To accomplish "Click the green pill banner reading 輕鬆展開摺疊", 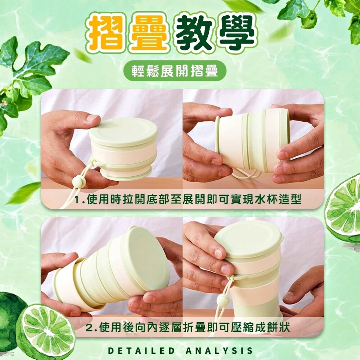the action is pyautogui.click(x=175, y=71).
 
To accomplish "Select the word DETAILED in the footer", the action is pyautogui.click(x=141, y=351).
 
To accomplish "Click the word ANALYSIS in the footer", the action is pyautogui.click(x=219, y=351).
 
